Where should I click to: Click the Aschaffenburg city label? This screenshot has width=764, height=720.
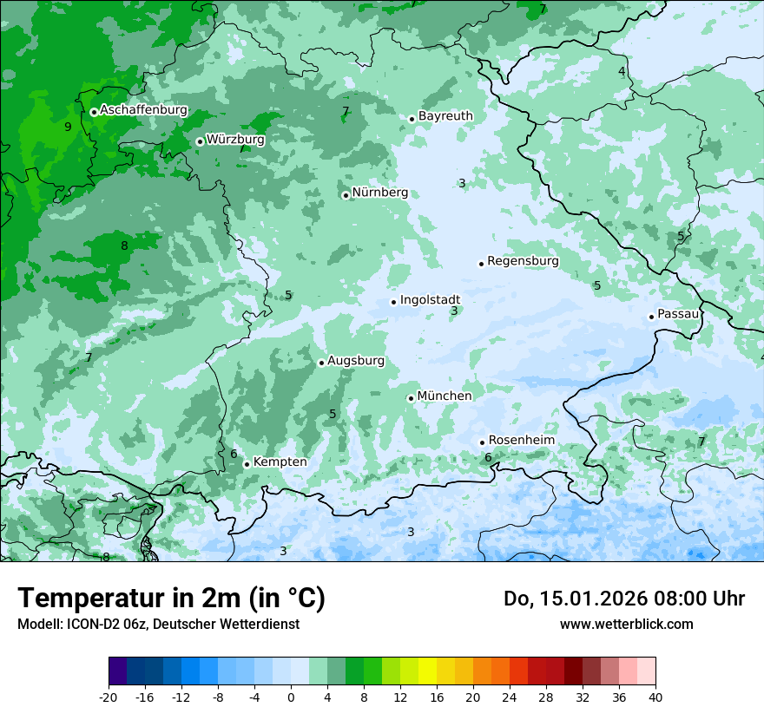tap(143, 110)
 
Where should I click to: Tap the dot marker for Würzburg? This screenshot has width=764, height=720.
tap(200, 141)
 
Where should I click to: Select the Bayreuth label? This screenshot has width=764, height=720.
tap(445, 115)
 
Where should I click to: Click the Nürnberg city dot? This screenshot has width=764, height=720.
tap(346, 195)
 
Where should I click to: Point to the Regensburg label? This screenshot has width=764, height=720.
tap(523, 261)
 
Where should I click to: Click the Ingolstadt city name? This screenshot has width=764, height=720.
tap(430, 300)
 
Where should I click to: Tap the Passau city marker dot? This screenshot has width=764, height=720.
tap(651, 317)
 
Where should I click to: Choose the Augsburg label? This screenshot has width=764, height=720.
tap(356, 361)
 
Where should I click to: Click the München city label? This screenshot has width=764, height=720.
tap(445, 396)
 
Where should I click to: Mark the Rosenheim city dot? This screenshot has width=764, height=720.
tap(482, 442)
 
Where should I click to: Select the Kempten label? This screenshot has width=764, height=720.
tap(280, 462)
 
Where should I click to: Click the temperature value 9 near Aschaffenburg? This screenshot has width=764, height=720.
tap(68, 127)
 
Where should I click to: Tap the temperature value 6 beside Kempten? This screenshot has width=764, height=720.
tap(234, 454)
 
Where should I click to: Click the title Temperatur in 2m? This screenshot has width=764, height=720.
tap(171, 599)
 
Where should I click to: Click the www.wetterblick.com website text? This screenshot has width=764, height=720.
tap(626, 624)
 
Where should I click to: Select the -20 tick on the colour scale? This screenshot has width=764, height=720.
tap(109, 697)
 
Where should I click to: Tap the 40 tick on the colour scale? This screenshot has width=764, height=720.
tap(655, 697)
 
